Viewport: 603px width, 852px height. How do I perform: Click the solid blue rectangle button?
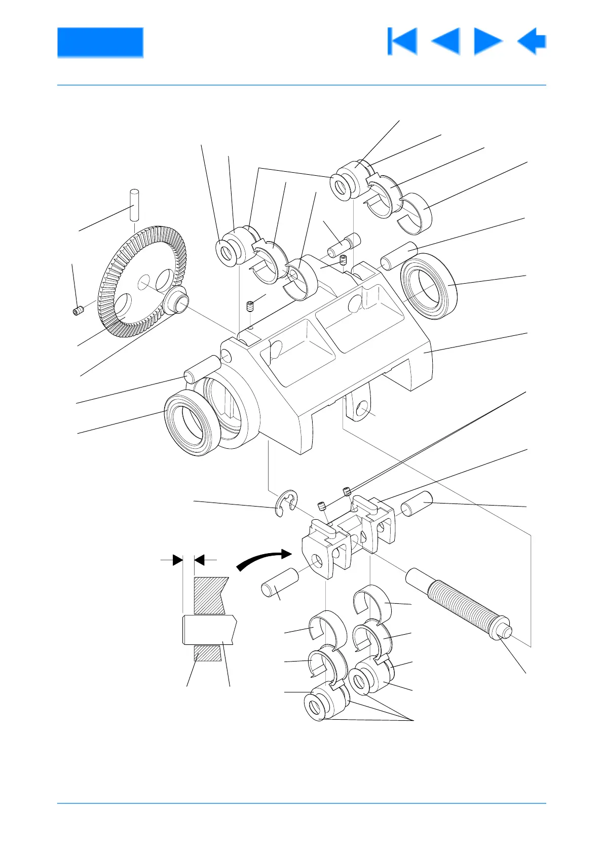[x=100, y=42]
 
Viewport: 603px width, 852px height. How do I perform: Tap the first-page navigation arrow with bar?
[x=402, y=41]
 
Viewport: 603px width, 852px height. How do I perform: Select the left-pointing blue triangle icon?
[x=446, y=41]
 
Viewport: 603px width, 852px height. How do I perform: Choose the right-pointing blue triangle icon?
[x=487, y=41]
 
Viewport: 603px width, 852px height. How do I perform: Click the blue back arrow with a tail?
[x=532, y=41]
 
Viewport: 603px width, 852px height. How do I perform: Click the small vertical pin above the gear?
[x=134, y=204]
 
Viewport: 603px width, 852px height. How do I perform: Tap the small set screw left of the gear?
[x=78, y=311]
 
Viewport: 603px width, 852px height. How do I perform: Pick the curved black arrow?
[x=263, y=560]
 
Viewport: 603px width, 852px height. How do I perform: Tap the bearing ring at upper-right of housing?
[x=429, y=286]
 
